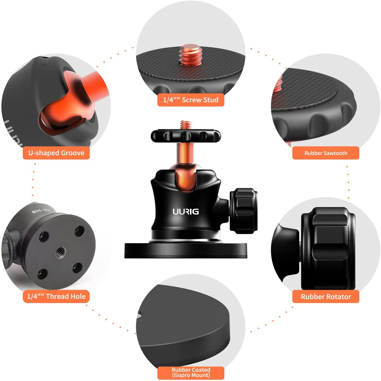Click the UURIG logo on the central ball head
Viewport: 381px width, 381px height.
(186, 211)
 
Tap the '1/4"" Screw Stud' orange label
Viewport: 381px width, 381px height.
(191, 100)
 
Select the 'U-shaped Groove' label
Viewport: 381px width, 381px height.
(56, 153)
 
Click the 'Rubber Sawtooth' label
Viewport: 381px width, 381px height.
(326, 153)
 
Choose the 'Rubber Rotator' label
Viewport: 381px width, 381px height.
(326, 296)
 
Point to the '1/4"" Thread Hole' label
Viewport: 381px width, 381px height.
(56, 296)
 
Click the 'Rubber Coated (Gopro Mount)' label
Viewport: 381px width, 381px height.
(191, 373)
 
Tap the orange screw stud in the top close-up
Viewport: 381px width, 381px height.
(190, 55)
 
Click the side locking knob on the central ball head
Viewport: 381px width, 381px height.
(243, 211)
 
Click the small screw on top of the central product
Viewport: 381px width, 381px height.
(186, 125)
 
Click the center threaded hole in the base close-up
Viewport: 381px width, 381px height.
(61, 252)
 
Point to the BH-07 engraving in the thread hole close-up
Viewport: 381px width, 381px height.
(41, 211)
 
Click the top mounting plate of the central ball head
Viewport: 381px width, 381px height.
(186, 136)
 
